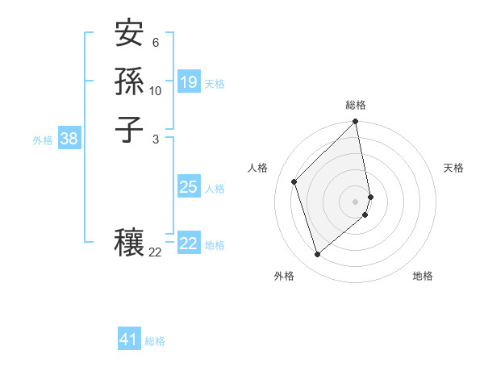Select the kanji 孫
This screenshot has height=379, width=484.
point(128,83)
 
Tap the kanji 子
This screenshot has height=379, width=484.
point(128,129)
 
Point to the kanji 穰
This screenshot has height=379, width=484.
point(128,243)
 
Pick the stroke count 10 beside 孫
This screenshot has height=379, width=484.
point(156,90)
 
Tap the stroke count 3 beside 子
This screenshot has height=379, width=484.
point(155,139)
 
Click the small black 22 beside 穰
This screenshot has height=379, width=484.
point(156,252)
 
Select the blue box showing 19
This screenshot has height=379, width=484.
point(189,82)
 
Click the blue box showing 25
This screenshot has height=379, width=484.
point(189,187)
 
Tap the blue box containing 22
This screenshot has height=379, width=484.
point(189,244)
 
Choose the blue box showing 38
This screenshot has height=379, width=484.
point(69,139)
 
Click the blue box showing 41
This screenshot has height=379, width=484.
point(129,339)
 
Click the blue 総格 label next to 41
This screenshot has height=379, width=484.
point(155,341)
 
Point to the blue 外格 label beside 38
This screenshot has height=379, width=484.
point(43,140)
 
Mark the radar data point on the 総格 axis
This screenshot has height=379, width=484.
point(356,122)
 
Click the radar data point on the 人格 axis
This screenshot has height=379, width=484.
point(294,181)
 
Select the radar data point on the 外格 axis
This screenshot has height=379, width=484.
point(317,255)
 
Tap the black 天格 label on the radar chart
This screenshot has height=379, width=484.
point(453,168)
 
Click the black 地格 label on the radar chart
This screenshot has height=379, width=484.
point(423,276)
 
